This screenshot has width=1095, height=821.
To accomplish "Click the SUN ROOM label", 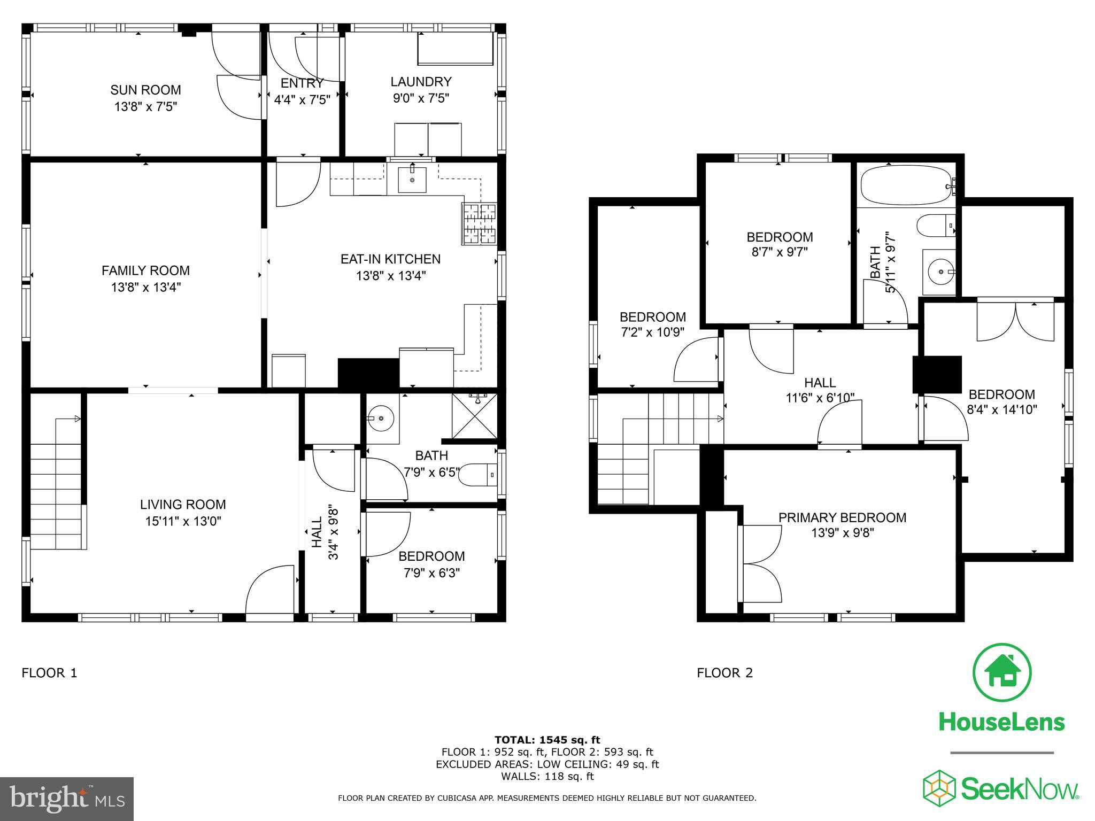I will [x=145, y=90].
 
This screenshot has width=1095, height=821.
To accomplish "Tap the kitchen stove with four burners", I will [x=480, y=224].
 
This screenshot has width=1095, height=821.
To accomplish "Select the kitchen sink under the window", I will [x=412, y=180].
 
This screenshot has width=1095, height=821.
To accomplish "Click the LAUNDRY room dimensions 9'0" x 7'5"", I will [x=421, y=98].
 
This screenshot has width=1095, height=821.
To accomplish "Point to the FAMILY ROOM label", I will [x=145, y=270].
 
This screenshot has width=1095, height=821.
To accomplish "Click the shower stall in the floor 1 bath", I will [x=474, y=416].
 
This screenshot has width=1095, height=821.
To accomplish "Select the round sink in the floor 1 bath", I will [x=381, y=419].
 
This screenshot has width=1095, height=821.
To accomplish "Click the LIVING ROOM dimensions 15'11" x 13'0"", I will [x=183, y=521].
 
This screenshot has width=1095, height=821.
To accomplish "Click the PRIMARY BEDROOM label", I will [x=842, y=517].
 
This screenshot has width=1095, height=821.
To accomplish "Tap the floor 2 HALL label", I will [x=820, y=383].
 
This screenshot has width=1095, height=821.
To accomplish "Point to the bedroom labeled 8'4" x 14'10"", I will [x=1001, y=402].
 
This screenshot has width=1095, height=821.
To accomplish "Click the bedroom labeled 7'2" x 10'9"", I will [x=652, y=324].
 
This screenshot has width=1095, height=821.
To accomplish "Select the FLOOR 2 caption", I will [x=724, y=673].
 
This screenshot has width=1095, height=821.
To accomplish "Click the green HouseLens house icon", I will [x=1001, y=673].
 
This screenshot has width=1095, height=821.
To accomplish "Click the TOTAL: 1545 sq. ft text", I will [x=547, y=740].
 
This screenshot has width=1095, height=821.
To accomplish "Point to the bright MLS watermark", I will [x=67, y=799].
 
